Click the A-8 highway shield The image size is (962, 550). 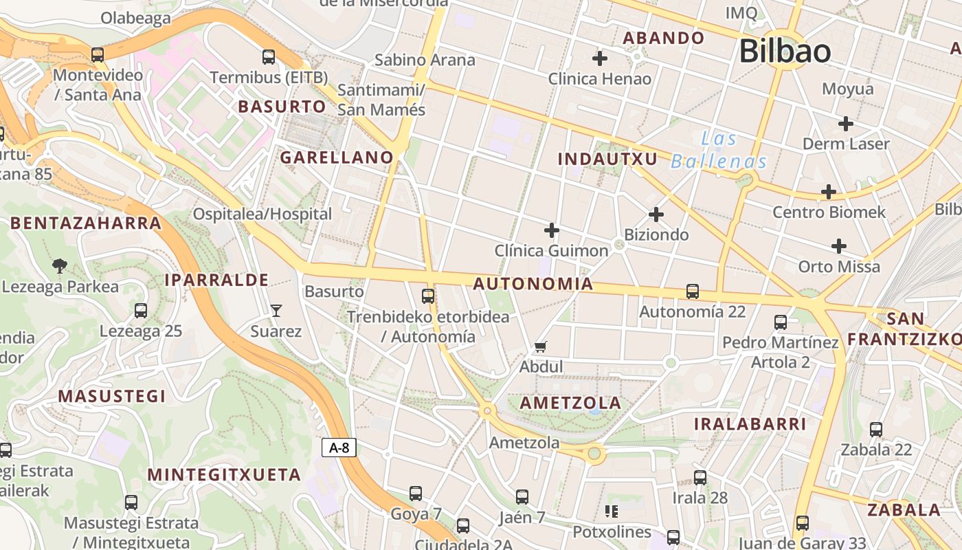point(339,448)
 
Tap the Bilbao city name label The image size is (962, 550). point(785,52)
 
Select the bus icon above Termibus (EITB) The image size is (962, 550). point(269,57)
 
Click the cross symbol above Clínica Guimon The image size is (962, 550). point(551,230)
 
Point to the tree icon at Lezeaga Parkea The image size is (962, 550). point(60,266)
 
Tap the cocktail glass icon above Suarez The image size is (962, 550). point(276,311)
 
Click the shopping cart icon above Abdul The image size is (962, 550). point(541,346)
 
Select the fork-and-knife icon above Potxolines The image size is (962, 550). point(611,511)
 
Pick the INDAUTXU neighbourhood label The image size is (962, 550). point(607,159)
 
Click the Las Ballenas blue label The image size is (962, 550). point(719,151)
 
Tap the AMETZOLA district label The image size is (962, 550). point(570,403)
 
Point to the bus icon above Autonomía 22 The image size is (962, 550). point(693,291)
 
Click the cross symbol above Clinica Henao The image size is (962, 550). point(600,58)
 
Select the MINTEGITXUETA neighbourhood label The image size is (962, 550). point(225,475)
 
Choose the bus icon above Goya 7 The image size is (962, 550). point(416,493)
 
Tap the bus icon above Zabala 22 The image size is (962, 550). point(876,430)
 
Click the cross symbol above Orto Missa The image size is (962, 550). point(839,245)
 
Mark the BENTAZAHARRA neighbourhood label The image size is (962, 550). point(86,223)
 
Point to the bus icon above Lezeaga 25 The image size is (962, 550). point(141,311)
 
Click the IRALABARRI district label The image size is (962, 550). point(750,424)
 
